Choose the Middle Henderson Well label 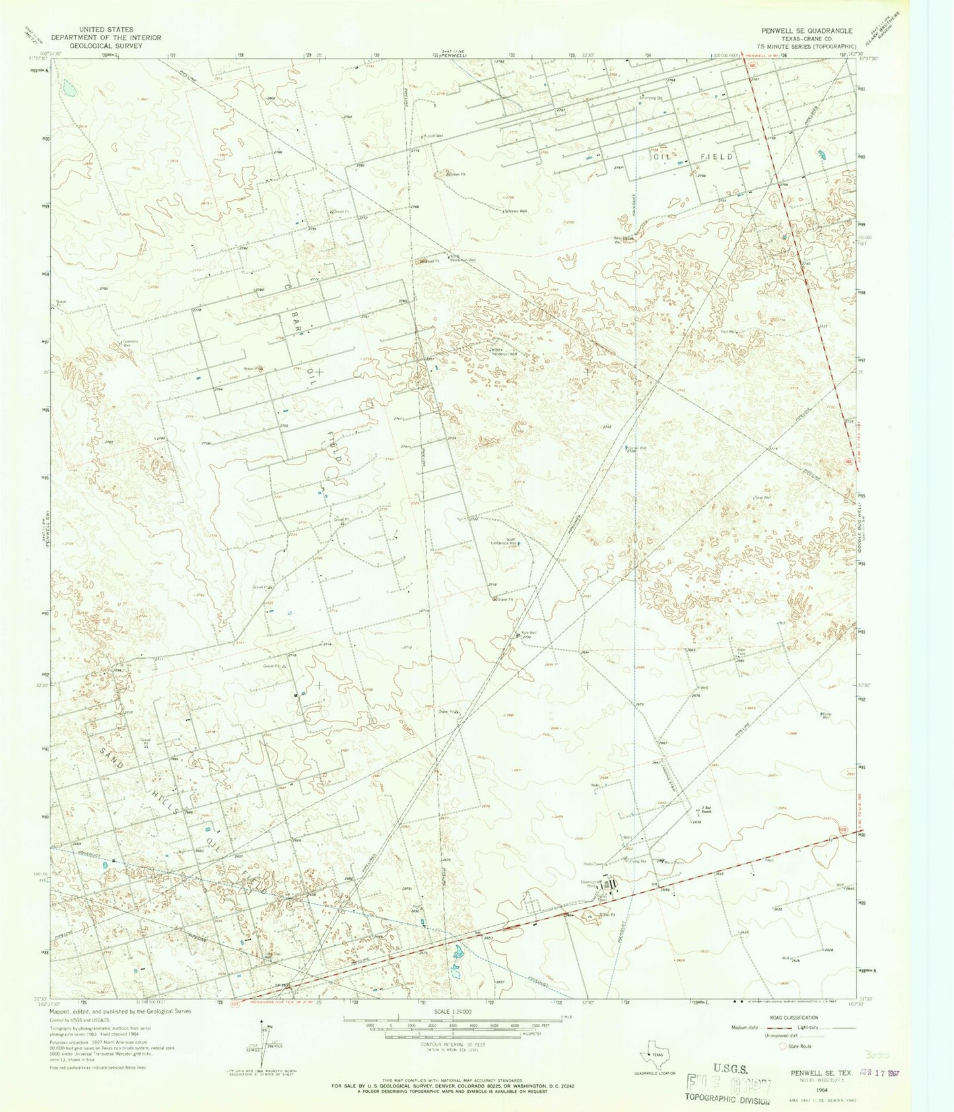point(504,352)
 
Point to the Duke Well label point(826,715)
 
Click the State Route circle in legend point(784,1046)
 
